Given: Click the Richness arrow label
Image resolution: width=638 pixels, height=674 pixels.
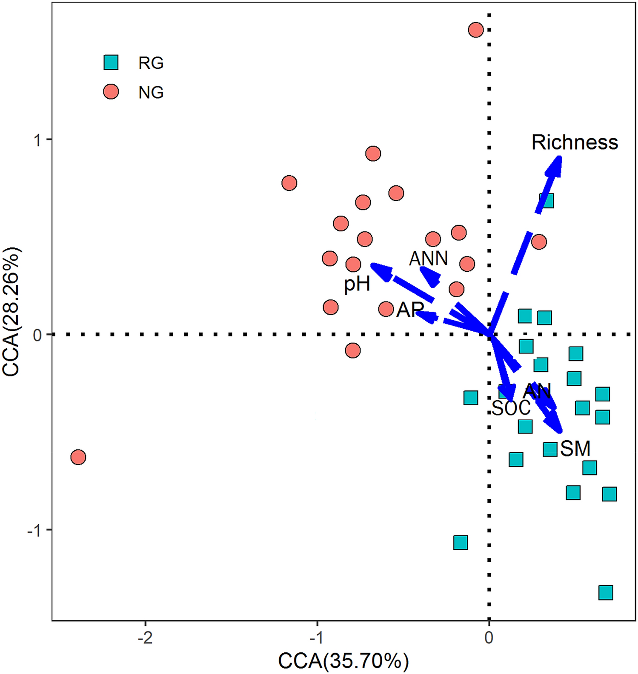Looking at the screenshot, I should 574,142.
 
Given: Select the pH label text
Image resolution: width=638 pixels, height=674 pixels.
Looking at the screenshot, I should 357,284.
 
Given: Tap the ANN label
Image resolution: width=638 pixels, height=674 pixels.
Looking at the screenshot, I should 428,259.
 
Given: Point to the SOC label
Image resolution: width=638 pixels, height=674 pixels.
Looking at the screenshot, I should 511,408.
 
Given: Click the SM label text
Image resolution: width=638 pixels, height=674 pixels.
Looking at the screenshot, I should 575,449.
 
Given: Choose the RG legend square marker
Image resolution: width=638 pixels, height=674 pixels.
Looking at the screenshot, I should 111,63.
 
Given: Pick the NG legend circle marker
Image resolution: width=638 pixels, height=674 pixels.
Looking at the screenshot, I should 111,92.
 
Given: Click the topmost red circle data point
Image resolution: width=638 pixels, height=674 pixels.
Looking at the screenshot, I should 475,30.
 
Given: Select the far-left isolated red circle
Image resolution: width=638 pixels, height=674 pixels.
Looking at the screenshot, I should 78,458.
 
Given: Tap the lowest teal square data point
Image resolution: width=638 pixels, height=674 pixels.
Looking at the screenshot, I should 606,592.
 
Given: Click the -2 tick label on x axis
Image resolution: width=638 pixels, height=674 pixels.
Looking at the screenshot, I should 146,638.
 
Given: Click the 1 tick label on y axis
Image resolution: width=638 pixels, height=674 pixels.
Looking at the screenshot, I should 38,140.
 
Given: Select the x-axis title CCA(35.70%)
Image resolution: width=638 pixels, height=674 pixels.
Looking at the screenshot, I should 343,661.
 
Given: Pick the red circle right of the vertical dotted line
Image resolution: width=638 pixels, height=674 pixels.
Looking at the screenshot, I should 539,242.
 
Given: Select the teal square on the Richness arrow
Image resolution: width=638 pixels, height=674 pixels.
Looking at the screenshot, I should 547,200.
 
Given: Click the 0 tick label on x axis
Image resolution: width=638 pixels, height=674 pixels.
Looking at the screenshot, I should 489,638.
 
